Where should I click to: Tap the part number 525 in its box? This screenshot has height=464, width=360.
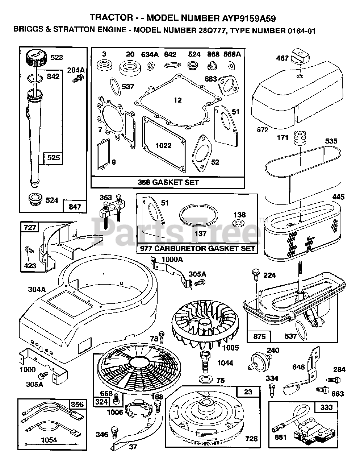[x=53, y=158]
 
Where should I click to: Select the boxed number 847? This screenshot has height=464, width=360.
[x=75, y=207]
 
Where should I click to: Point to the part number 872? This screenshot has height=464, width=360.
[x=263, y=130]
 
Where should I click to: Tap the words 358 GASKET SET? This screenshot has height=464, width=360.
[x=168, y=183]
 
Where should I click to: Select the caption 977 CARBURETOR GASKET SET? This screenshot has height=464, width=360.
[x=197, y=249]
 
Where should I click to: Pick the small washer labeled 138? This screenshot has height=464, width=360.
[x=237, y=223]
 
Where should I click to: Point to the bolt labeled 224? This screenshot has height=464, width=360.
[x=256, y=275]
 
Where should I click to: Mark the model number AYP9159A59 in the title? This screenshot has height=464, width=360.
[x=249, y=18]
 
